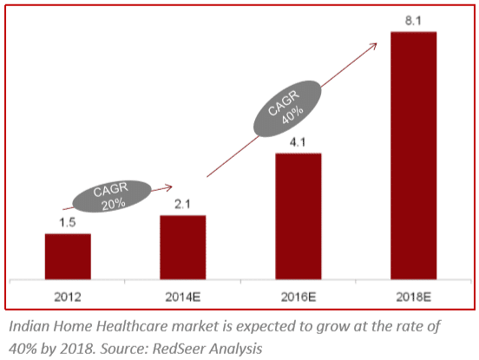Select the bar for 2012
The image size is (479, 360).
point(68,257)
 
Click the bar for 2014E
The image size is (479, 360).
point(183,247)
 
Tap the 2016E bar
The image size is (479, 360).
point(299,216)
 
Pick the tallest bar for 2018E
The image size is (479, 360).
point(414,155)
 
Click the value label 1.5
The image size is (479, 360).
point(67,223)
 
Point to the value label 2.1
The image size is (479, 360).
point(182,204)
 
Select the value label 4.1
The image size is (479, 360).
point(298,142)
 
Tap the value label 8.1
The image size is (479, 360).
point(413,21)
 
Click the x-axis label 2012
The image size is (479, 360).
point(68,297)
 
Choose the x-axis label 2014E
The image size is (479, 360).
point(183,297)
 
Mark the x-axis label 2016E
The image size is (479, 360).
point(299,297)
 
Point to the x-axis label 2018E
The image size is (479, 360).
point(414,297)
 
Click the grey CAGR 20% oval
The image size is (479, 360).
point(112,196)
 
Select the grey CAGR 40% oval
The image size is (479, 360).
point(287,108)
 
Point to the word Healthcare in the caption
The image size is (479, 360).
point(132,326)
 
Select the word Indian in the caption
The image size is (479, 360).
point(29,326)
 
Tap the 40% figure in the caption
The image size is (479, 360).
point(23,348)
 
